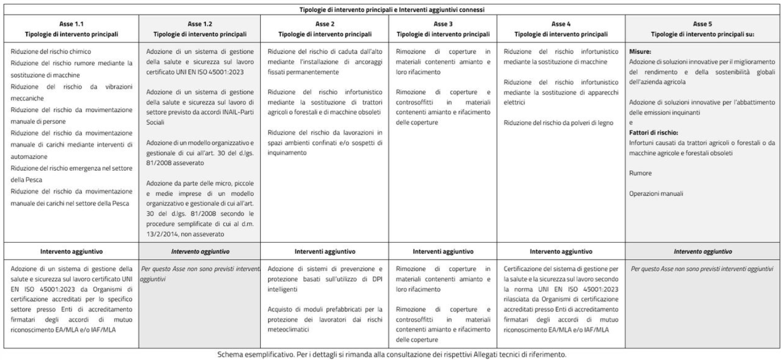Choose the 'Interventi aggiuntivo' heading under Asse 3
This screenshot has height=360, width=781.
coord(443,250)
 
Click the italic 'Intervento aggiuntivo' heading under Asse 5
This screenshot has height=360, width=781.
coord(701,250)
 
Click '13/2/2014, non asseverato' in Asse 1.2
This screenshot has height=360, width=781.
coord(183,233)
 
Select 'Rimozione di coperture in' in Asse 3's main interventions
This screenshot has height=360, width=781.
coord(443,52)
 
